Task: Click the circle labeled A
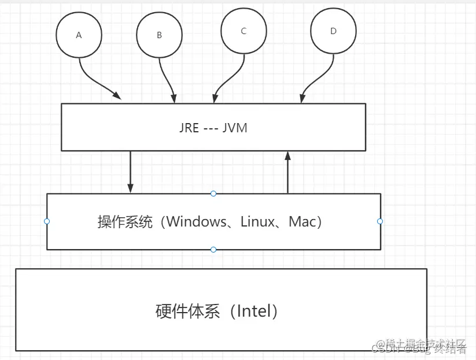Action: coord(79,35)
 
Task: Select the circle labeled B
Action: coord(159,35)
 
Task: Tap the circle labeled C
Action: coord(243,32)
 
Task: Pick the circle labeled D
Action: coord(333,31)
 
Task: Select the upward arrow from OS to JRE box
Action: coord(287,172)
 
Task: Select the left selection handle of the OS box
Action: coord(47,221)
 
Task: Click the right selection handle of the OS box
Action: coord(380,221)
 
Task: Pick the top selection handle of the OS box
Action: coord(213,194)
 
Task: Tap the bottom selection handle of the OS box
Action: coord(213,249)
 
